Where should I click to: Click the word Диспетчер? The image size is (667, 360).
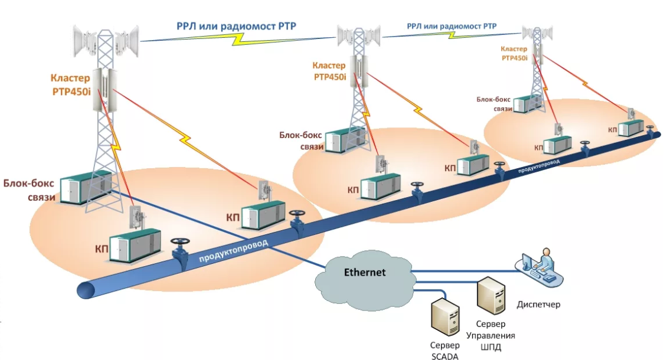(x=538, y=305)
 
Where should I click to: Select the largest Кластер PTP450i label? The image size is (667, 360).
(x=70, y=83)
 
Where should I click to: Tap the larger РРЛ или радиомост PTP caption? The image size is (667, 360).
(x=236, y=25)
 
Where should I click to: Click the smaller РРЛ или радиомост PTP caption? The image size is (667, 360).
(x=452, y=26)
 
